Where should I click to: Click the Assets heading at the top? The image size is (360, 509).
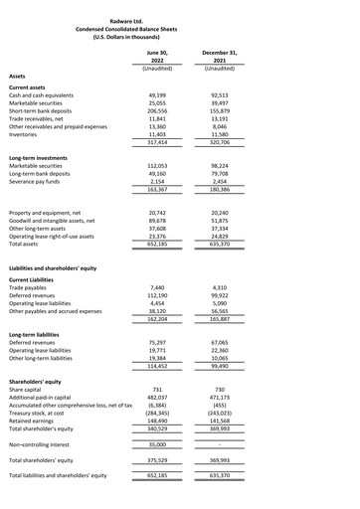click(x=17, y=77)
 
